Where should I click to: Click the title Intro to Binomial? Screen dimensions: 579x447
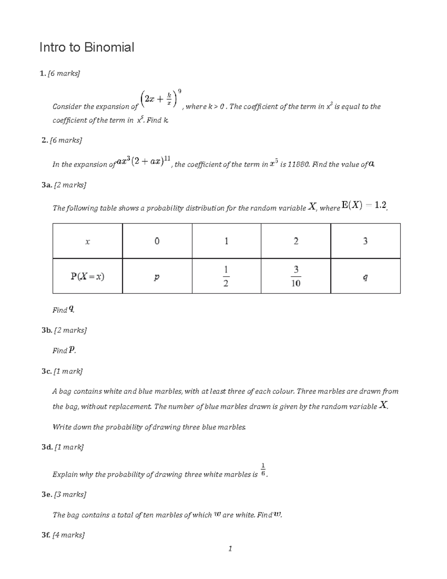[x=86, y=47]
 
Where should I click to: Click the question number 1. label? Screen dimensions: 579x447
[x=42, y=74]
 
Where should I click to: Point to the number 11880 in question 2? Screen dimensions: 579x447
[x=297, y=164]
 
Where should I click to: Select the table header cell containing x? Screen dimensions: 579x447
[x=88, y=242]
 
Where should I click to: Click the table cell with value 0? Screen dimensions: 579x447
[x=157, y=242]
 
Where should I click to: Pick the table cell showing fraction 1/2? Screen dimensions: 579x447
[x=226, y=276]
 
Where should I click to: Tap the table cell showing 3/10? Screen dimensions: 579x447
[x=296, y=276]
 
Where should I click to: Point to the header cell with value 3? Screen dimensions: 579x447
[x=365, y=242]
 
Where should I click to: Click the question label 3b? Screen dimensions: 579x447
[x=47, y=330]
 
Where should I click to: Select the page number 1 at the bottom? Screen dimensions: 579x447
[x=230, y=548]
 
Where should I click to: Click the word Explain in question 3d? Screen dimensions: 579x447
[x=65, y=475]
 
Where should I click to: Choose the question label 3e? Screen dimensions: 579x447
[x=47, y=494]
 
